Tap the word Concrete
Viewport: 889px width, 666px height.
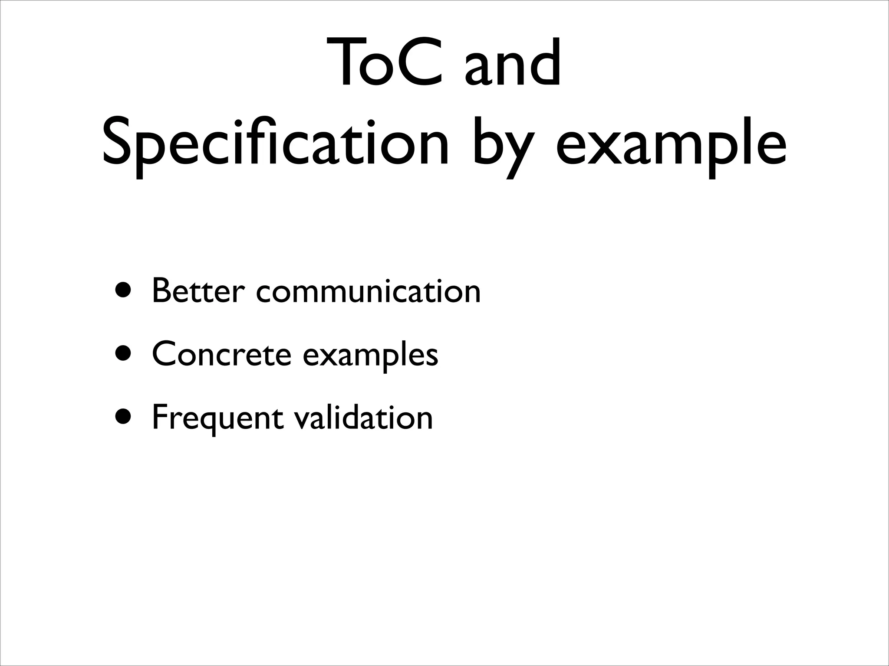pyautogui.click(x=221, y=354)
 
